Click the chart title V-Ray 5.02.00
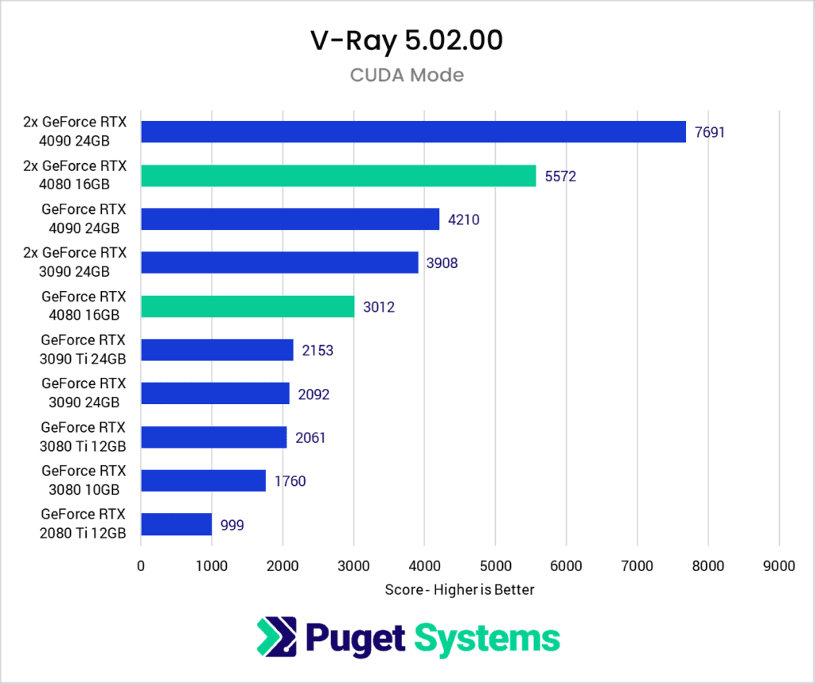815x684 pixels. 407,41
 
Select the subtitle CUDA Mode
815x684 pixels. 407,76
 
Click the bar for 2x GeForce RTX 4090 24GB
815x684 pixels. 413,132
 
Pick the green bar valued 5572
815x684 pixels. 338,176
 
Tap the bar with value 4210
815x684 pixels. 290,220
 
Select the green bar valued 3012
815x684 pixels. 248,306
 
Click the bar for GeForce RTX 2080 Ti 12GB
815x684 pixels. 176,525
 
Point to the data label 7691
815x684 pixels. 710,132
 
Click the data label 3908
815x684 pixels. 442,263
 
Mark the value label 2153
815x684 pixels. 317,351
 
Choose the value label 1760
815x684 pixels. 290,481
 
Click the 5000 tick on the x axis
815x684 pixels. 495,566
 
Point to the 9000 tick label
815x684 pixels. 778,566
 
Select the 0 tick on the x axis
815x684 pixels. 141,566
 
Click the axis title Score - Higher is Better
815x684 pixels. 459,590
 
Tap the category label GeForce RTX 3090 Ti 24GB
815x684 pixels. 84,350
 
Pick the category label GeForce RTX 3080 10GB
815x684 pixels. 84,481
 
